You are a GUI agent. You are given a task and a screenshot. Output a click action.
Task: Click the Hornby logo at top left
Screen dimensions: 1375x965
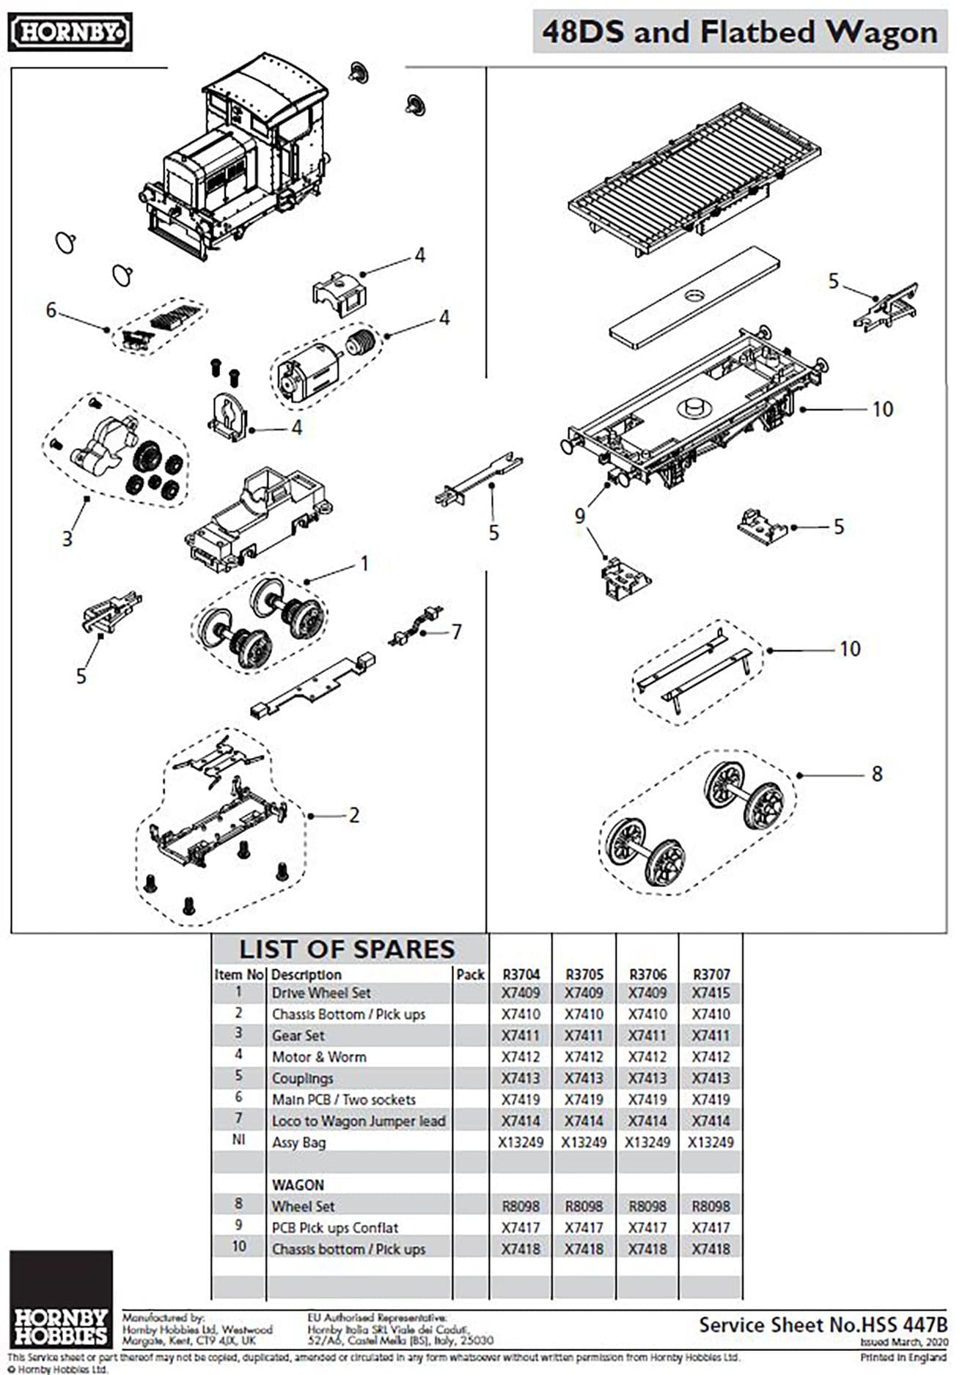pyautogui.click(x=70, y=32)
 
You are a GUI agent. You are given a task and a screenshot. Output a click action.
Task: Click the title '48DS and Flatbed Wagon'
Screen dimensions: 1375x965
pyautogui.click(x=739, y=33)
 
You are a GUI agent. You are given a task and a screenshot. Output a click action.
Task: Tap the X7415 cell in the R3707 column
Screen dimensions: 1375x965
pyautogui.click(x=711, y=993)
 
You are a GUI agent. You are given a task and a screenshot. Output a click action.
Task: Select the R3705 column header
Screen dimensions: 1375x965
pyautogui.click(x=584, y=974)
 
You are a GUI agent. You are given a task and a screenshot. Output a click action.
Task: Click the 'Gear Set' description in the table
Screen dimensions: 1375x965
pyautogui.click(x=298, y=1036)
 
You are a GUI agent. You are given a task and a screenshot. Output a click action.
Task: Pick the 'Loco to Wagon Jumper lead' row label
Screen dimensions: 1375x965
pyautogui.click(x=358, y=1121)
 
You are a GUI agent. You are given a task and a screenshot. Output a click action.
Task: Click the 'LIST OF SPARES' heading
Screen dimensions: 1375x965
pyautogui.click(x=347, y=949)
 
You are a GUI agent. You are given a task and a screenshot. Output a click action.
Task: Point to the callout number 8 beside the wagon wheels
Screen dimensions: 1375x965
pyautogui.click(x=876, y=774)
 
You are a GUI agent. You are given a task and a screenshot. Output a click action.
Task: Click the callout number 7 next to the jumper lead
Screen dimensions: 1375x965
pyautogui.click(x=456, y=632)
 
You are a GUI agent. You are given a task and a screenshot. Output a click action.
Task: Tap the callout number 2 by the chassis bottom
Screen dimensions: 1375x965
pyautogui.click(x=353, y=815)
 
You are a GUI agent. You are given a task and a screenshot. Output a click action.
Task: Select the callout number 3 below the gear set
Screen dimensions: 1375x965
pyautogui.click(x=67, y=539)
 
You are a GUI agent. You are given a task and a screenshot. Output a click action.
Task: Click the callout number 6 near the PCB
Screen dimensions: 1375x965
pyautogui.click(x=51, y=310)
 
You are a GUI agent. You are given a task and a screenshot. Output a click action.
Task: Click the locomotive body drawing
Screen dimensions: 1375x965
pyautogui.click(x=242, y=161)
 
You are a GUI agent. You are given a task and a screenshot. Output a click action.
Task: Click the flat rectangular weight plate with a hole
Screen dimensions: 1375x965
pyautogui.click(x=694, y=298)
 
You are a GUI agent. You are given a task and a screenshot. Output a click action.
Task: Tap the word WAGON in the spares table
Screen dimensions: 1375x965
pyautogui.click(x=298, y=1185)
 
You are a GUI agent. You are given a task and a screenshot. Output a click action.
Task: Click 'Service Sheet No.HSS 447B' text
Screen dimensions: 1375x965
pyautogui.click(x=823, y=1324)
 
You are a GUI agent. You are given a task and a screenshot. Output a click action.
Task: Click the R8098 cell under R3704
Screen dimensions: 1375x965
pyautogui.click(x=520, y=1206)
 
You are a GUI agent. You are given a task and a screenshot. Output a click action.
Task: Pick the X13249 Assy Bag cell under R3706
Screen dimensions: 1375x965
pyautogui.click(x=647, y=1142)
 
